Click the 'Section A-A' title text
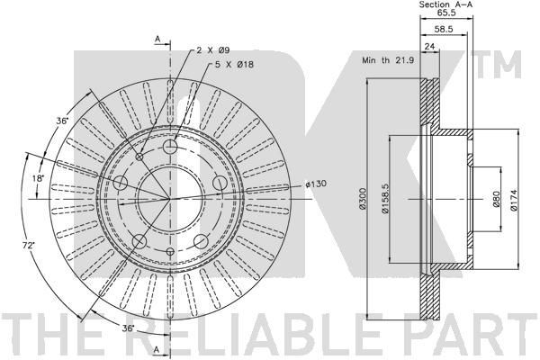(445, 4)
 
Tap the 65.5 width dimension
(446, 13)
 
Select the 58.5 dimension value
(443, 30)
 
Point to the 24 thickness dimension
(429, 46)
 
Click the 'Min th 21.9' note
(388, 60)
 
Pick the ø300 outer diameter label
(363, 199)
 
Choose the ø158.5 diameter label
(385, 198)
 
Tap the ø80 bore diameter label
(496, 200)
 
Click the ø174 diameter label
(514, 200)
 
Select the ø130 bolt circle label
(316, 184)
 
